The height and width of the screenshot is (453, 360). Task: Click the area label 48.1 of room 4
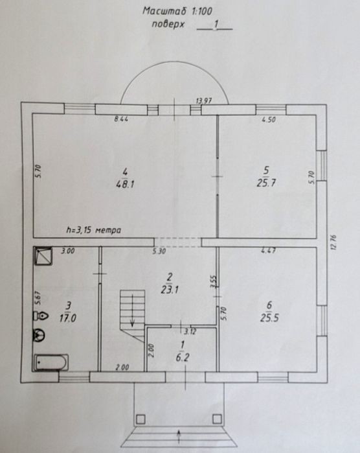(x=126, y=184)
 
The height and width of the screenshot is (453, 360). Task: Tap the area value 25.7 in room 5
(x=266, y=183)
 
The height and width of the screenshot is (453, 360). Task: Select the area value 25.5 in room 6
(x=269, y=318)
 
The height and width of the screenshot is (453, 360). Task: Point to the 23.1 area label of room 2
(x=170, y=290)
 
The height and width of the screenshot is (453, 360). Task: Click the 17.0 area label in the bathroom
(x=68, y=318)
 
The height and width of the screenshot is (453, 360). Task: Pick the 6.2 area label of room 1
(x=183, y=358)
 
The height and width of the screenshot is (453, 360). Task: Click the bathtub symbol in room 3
(x=51, y=362)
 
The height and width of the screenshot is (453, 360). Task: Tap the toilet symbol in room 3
(x=40, y=316)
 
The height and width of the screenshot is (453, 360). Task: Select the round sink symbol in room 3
(x=39, y=335)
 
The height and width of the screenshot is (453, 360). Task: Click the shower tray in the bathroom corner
(x=43, y=256)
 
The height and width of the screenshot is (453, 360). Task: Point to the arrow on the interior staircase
(x=132, y=310)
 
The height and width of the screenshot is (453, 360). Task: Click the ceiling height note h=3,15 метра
(x=94, y=230)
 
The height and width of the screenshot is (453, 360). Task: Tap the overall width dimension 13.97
(x=204, y=101)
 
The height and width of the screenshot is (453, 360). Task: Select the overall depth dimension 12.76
(x=333, y=242)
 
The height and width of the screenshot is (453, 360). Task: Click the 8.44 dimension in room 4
(x=121, y=119)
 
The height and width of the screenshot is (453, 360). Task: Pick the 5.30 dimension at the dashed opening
(x=159, y=251)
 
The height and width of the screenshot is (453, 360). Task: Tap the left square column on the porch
(x=141, y=419)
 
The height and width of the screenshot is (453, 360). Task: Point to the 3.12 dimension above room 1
(x=190, y=331)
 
